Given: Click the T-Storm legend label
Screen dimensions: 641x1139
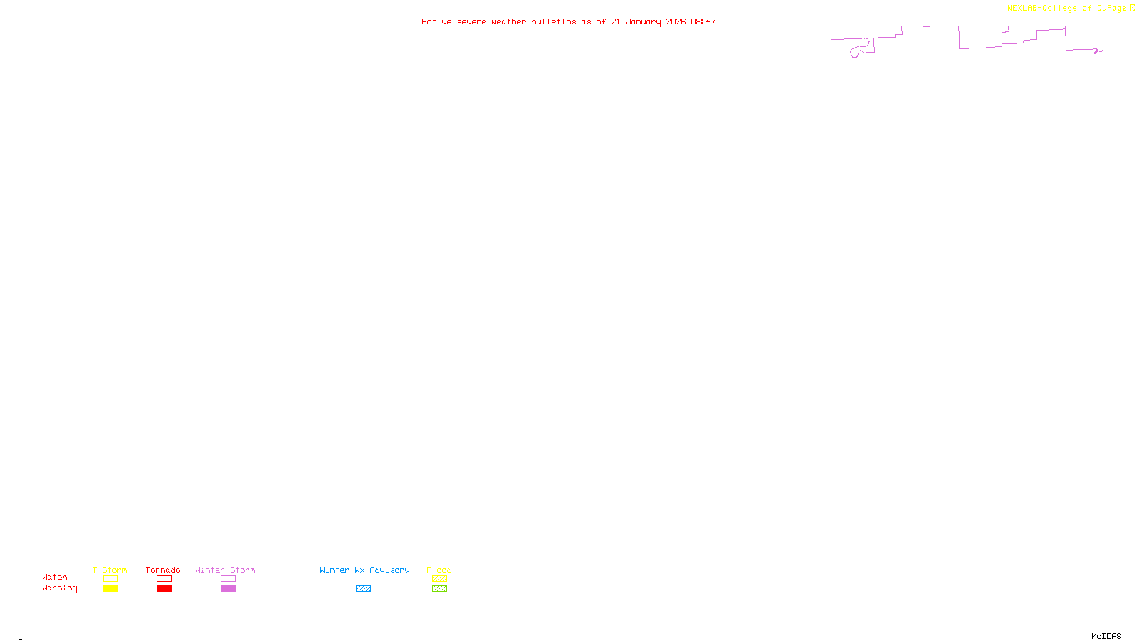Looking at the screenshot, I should pos(110,570).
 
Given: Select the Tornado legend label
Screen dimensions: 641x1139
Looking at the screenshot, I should pos(163,570).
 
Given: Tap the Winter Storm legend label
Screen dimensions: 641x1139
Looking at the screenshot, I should pos(225,570).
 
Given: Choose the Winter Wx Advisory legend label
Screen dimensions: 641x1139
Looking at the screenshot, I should pos(364,570).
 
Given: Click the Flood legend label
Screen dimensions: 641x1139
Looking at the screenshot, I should pos(439,570).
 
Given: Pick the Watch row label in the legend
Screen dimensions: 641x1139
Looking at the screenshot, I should pos(55,577).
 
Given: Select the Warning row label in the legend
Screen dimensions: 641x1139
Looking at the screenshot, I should pos(59,588).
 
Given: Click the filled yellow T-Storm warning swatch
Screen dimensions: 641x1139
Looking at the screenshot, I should pos(110,589).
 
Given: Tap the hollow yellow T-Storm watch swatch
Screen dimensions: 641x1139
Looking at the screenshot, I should pos(110,579).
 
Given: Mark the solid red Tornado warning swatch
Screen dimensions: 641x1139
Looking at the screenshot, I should pos(164,589).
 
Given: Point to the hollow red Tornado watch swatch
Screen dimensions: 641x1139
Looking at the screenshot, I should pos(164,579).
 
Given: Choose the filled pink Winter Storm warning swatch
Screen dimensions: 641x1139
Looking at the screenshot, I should pos(228,589).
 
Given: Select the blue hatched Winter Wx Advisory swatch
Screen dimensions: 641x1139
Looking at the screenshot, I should pos(363,589).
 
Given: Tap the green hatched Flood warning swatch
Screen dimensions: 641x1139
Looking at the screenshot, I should pos(439,589).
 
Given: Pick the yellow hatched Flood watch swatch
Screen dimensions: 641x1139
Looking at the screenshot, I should pos(439,579).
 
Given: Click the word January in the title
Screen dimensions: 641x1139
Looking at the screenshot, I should pos(644,21).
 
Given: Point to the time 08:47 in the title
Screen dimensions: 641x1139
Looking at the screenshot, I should pos(703,21).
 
